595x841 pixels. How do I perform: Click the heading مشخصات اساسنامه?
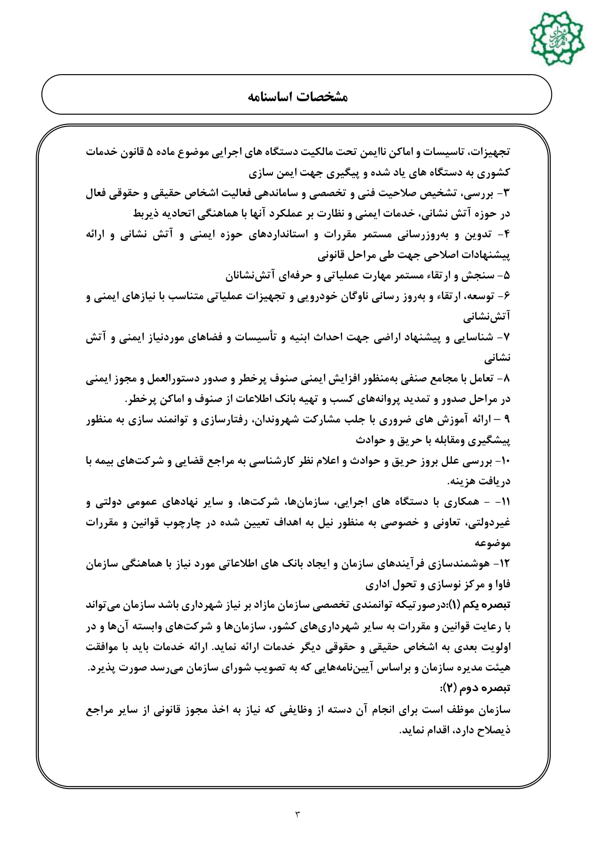297,97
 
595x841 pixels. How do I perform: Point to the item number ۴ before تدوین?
507,235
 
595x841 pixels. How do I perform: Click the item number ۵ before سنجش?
507,276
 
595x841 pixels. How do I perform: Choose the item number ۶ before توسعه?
507,296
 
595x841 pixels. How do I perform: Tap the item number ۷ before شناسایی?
507,337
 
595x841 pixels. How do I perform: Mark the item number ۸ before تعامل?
507,379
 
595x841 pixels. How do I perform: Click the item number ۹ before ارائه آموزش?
507,420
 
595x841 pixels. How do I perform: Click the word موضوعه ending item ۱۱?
492,544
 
